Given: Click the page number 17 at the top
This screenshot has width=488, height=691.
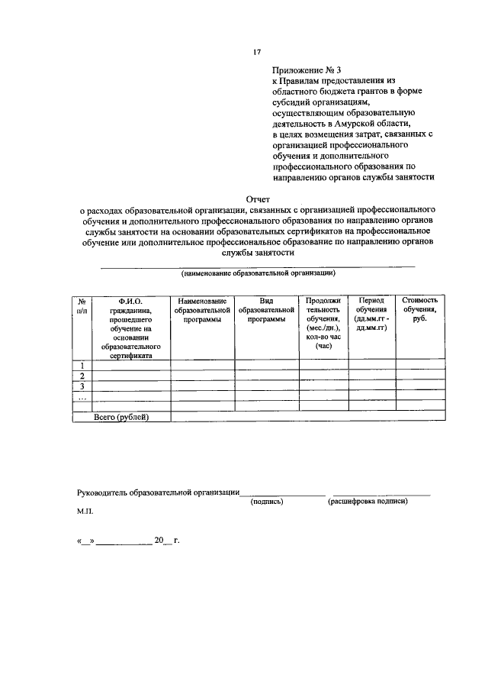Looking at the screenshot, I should (x=257, y=52).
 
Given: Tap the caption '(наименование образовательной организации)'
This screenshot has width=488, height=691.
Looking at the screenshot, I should (x=258, y=273).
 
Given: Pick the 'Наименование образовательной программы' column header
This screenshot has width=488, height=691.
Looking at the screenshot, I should (x=202, y=311).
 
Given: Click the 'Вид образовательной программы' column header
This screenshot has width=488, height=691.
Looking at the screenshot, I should (x=266, y=311).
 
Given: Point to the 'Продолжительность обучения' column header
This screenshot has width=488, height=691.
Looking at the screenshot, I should (x=323, y=322).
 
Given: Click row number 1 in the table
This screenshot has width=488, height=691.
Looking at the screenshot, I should (x=82, y=365).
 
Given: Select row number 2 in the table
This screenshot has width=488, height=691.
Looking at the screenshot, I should (x=82, y=376).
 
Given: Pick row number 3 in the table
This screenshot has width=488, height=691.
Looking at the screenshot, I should (x=82, y=386).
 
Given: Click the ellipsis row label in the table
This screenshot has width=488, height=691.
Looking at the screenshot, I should (x=82, y=398).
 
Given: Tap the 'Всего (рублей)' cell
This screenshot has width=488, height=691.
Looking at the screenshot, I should (x=121, y=416).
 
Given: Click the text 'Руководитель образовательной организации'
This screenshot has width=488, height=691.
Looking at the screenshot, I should (x=159, y=492).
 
